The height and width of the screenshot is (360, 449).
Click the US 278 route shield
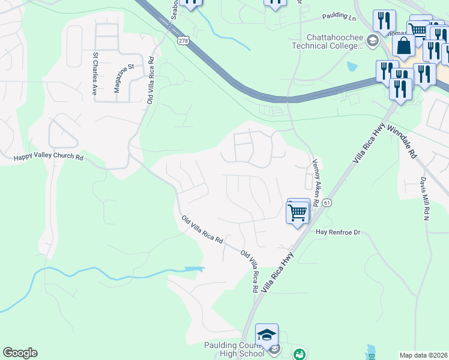[183, 40]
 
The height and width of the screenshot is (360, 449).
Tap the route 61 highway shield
[327, 203]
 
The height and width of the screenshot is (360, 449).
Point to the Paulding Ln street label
[339, 17]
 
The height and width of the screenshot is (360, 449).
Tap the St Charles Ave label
[95, 74]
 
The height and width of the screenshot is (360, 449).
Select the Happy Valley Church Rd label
[48, 157]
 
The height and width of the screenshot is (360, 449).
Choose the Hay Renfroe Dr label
[337, 232]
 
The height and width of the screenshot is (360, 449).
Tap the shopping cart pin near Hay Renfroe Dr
[298, 212]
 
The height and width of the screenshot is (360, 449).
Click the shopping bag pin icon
[405, 46]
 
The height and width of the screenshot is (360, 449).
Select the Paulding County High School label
[234, 349]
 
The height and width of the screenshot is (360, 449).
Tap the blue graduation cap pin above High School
[267, 335]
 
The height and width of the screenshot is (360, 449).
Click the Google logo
[20, 353]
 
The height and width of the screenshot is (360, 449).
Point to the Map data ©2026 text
[423, 355]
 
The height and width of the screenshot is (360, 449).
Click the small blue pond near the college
[352, 66]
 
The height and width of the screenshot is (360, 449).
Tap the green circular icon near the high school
[298, 355]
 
